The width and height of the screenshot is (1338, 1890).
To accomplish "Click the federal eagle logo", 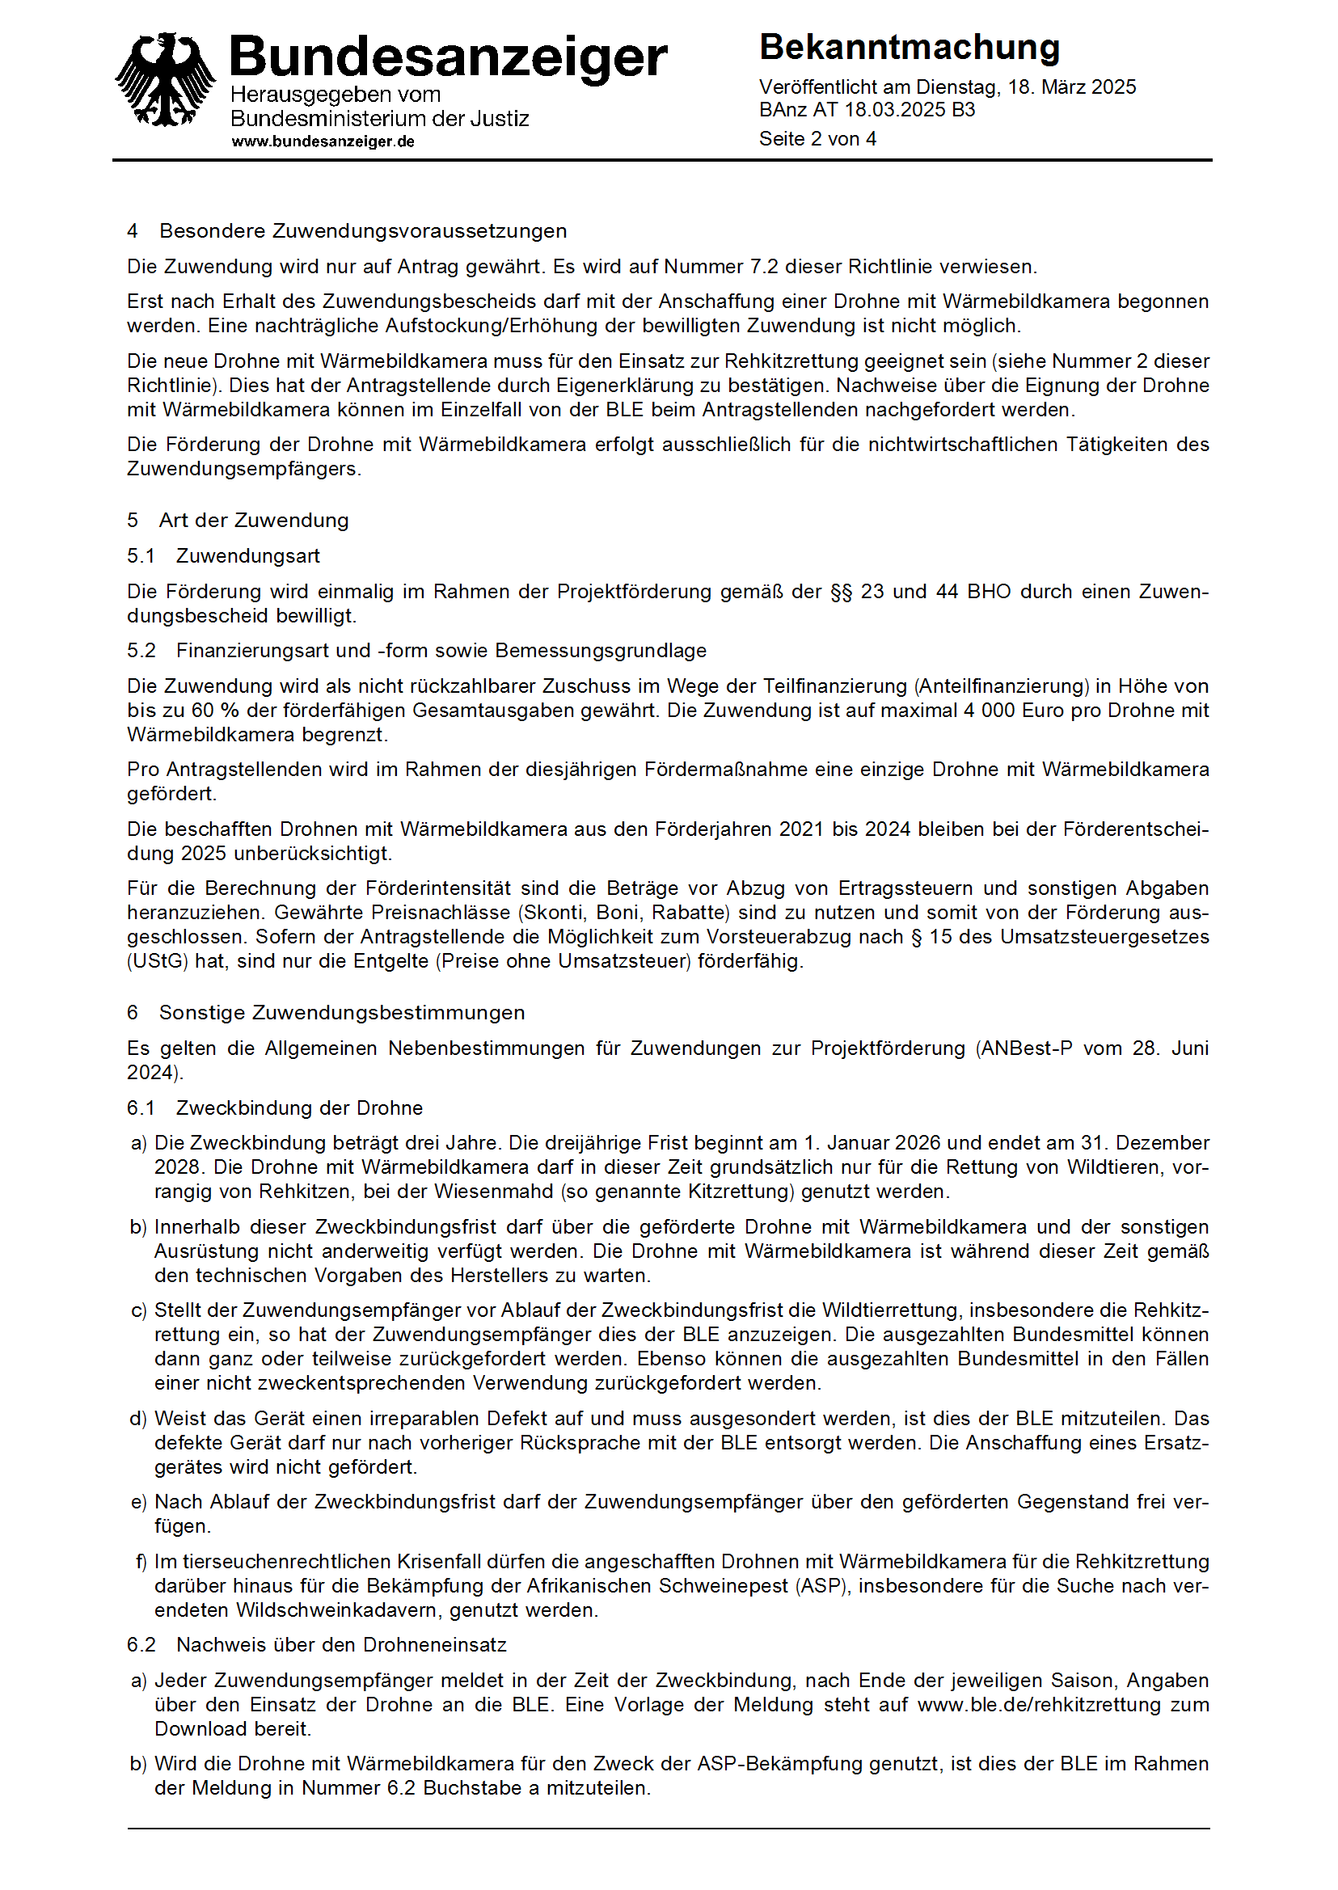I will [165, 81].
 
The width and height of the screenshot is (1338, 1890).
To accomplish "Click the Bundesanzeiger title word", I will [447, 57].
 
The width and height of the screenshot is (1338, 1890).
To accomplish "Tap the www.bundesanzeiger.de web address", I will [323, 141].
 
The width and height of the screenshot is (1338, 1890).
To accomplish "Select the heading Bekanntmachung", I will [909, 48].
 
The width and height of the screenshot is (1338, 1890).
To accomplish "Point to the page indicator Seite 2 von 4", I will [817, 139].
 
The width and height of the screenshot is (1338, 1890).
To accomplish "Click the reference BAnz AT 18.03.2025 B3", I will [867, 111].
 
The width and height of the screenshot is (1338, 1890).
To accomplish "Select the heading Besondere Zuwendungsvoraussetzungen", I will [362, 231].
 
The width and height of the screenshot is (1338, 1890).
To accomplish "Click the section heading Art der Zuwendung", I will [254, 521].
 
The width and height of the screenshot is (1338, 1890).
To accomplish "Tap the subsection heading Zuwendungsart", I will [248, 556].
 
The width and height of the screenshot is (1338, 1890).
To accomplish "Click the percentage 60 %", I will [214, 711].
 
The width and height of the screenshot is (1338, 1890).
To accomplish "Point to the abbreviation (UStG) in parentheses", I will [158, 961].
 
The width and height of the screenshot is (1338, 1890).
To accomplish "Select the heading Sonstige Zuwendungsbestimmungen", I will [342, 1014].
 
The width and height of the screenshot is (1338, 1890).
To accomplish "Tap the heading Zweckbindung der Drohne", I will [299, 1108].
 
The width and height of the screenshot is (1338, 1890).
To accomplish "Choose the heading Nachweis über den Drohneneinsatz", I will [341, 1645].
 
